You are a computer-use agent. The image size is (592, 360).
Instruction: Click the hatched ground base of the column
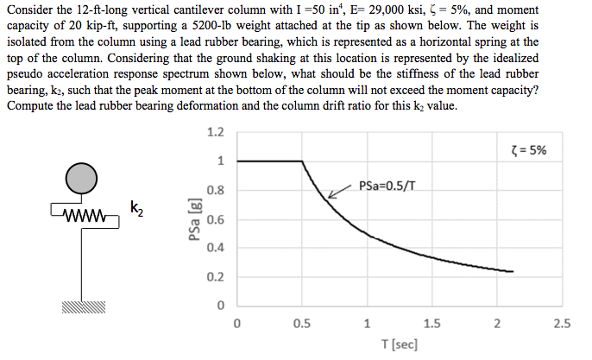pos(83,306)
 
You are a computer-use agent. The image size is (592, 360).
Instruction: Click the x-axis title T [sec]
pos(400,344)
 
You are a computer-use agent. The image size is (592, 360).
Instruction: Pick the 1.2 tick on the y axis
pos(216,132)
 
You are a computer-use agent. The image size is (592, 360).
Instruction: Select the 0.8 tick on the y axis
pos(216,190)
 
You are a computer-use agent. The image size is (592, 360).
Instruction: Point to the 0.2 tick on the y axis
pos(216,277)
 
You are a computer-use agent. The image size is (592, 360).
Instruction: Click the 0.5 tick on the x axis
pos(302,325)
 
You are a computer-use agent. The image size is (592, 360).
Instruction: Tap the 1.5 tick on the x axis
pos(432,325)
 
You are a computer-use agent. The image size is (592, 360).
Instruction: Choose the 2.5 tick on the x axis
pos(562,325)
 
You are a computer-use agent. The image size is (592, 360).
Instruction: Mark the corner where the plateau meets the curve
pos(302,161)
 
